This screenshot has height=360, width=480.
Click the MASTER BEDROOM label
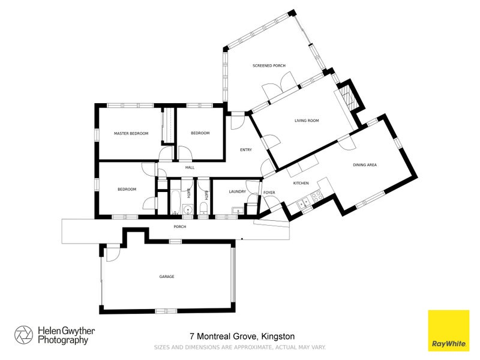coord(131,133)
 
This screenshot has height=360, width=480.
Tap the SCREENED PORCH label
coord(269,65)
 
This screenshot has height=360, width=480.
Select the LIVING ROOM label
coord(306,121)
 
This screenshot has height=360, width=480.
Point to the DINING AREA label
coord(364,164)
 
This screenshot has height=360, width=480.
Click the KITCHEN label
coord(301,182)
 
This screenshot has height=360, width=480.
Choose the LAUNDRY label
coord(237,192)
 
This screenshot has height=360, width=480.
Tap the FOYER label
coord(269,193)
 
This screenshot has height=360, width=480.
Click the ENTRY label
coord(246,150)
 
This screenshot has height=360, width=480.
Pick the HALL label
coord(190,168)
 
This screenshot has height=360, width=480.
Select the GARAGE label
coord(166,277)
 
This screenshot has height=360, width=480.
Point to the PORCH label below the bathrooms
coord(179,227)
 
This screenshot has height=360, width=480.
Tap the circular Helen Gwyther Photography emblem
coord(24,335)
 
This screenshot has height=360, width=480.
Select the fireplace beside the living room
coord(349,97)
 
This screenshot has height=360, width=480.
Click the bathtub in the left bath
coord(175,201)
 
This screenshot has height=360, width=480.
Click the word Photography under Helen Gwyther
coord(63,340)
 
